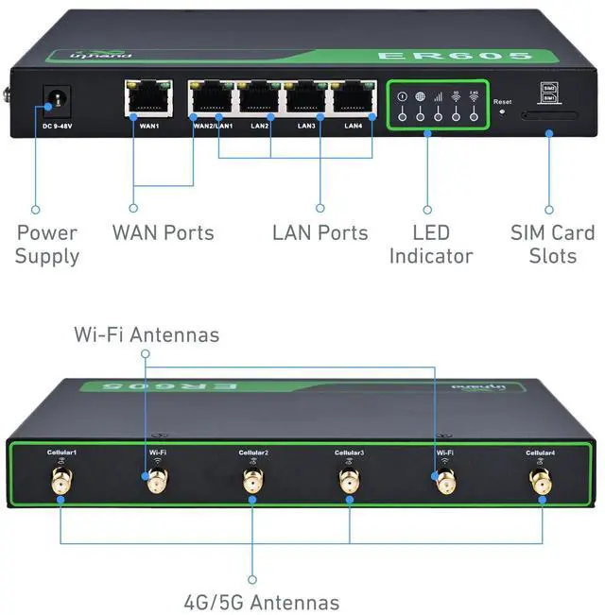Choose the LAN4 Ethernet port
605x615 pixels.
click(349, 97)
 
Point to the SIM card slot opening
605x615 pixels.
click(550, 116)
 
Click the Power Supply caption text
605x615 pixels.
click(46, 244)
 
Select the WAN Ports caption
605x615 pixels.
click(163, 232)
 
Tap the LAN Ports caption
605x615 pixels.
click(320, 232)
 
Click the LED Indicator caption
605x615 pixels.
click(430, 244)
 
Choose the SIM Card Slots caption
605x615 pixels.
click(552, 244)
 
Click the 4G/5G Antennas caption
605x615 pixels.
click(261, 601)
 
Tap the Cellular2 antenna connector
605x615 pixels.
click(252, 483)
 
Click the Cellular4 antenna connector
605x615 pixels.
click(541, 483)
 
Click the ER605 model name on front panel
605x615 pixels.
click(467, 56)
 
